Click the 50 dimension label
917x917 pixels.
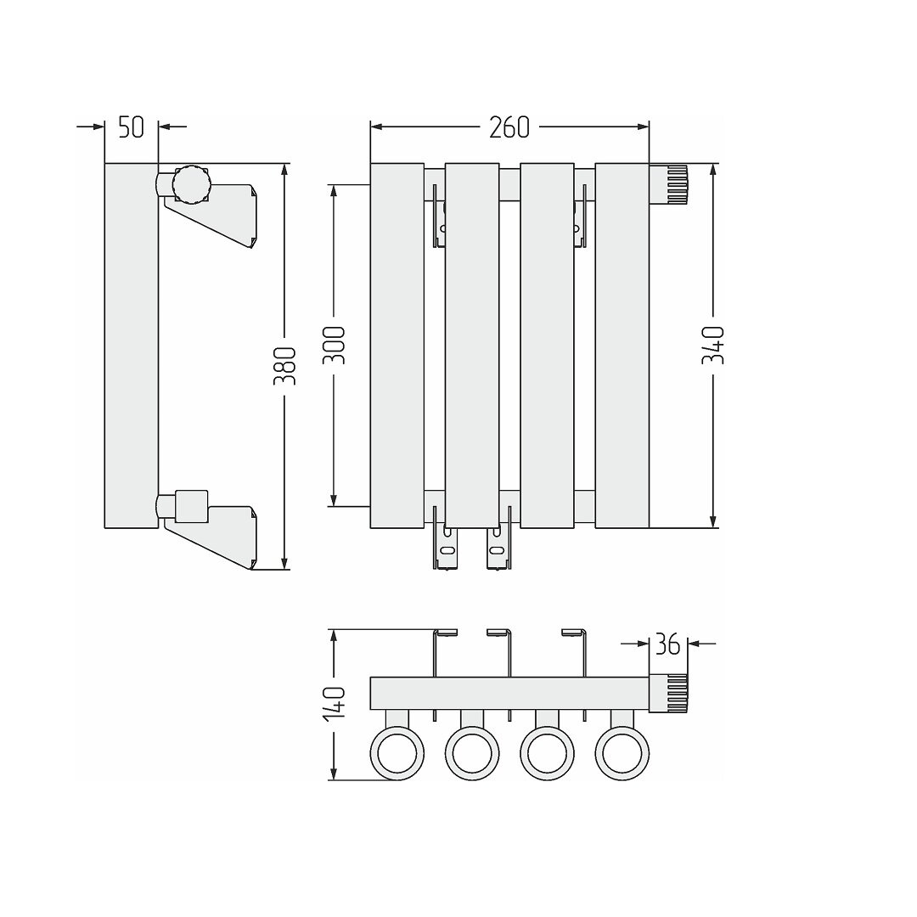point(131,127)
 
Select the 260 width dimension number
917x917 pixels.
point(509,127)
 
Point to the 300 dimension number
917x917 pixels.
point(335,345)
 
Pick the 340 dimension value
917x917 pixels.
point(713,345)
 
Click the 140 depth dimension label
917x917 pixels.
point(335,702)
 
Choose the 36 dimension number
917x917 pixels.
point(667,644)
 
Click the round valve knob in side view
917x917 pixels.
point(191,184)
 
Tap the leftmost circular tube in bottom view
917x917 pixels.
point(397,753)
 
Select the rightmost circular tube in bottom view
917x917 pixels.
point(622,753)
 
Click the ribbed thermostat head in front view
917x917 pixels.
point(668,184)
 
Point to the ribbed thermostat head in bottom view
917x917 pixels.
point(668,694)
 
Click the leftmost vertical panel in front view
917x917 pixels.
point(397,346)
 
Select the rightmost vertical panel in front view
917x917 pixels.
point(622,346)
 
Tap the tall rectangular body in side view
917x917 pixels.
point(132,346)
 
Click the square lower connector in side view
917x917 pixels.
point(192,506)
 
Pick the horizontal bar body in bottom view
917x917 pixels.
point(510,694)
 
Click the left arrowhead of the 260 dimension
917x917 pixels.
point(376,127)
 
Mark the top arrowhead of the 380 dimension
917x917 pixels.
point(284,169)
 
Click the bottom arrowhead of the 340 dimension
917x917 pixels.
point(713,522)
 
